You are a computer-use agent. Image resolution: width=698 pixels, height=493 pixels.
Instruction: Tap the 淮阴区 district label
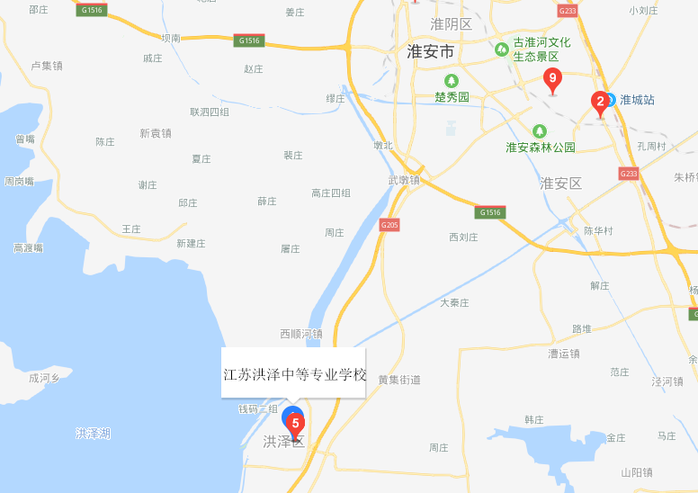451,23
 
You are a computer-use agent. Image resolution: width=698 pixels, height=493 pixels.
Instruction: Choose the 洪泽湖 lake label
93,434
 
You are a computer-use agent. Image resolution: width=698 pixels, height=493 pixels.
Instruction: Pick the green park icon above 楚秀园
465,82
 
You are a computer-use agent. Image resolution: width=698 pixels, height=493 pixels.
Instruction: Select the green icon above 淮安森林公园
540,131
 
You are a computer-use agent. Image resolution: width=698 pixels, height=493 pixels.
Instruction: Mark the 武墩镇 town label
404,180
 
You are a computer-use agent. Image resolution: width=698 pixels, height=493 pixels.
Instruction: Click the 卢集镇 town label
47,66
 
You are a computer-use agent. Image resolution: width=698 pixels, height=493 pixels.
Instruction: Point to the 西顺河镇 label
301,334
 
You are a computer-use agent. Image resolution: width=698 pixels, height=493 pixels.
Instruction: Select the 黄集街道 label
399,380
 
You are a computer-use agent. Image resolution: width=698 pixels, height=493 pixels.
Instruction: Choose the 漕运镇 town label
564,354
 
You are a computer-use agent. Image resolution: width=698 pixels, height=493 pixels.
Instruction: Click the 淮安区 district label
560,184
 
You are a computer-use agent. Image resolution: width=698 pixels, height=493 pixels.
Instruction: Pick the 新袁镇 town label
156,133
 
